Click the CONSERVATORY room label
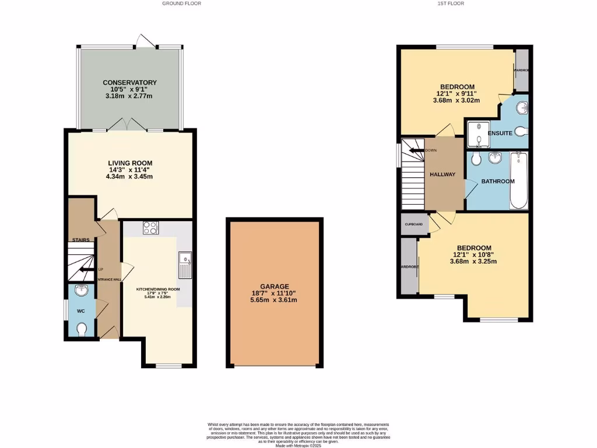[129, 83]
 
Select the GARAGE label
[275, 286]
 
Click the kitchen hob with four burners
[150, 228]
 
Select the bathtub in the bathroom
[518, 180]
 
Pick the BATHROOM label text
[497, 181]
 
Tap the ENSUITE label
[500, 134]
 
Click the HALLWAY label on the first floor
[443, 174]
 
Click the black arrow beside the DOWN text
[417, 150]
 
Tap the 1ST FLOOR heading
[451, 3]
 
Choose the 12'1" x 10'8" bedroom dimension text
[473, 254]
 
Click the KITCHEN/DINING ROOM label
[158, 289]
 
